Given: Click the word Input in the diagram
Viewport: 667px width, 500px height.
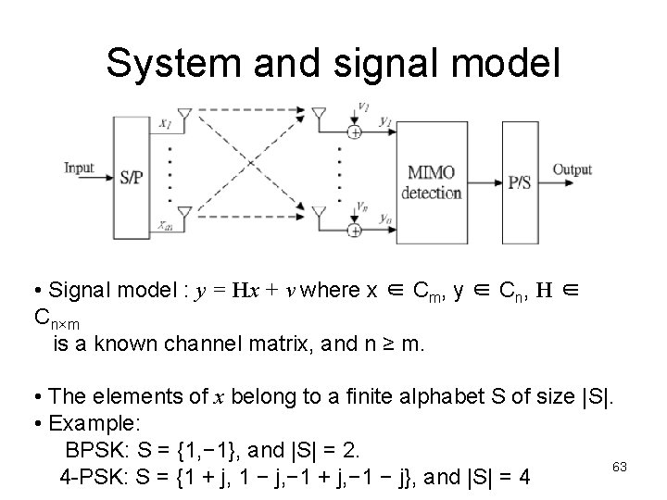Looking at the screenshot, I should click(x=80, y=168).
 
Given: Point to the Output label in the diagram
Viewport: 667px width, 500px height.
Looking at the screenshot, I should click(x=572, y=169).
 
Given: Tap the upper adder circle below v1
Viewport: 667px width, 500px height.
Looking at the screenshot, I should click(x=355, y=132).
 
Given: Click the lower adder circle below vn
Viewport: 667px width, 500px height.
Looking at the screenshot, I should click(x=355, y=229).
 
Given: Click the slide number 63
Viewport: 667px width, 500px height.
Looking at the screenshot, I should click(x=620, y=467).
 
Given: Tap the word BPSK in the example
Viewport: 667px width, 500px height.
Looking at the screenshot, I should click(x=93, y=451).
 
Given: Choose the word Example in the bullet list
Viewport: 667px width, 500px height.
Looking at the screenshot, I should click(x=94, y=423).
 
